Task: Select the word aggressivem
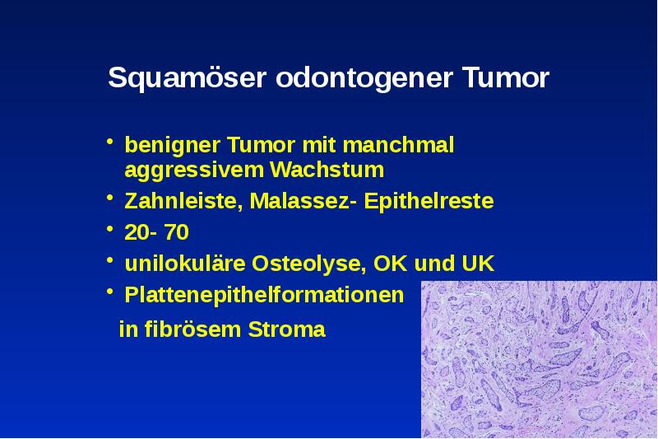pyautogui.click(x=193, y=170)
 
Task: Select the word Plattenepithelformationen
pyautogui.click(x=264, y=295)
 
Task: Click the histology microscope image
pyautogui.click(x=539, y=359)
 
